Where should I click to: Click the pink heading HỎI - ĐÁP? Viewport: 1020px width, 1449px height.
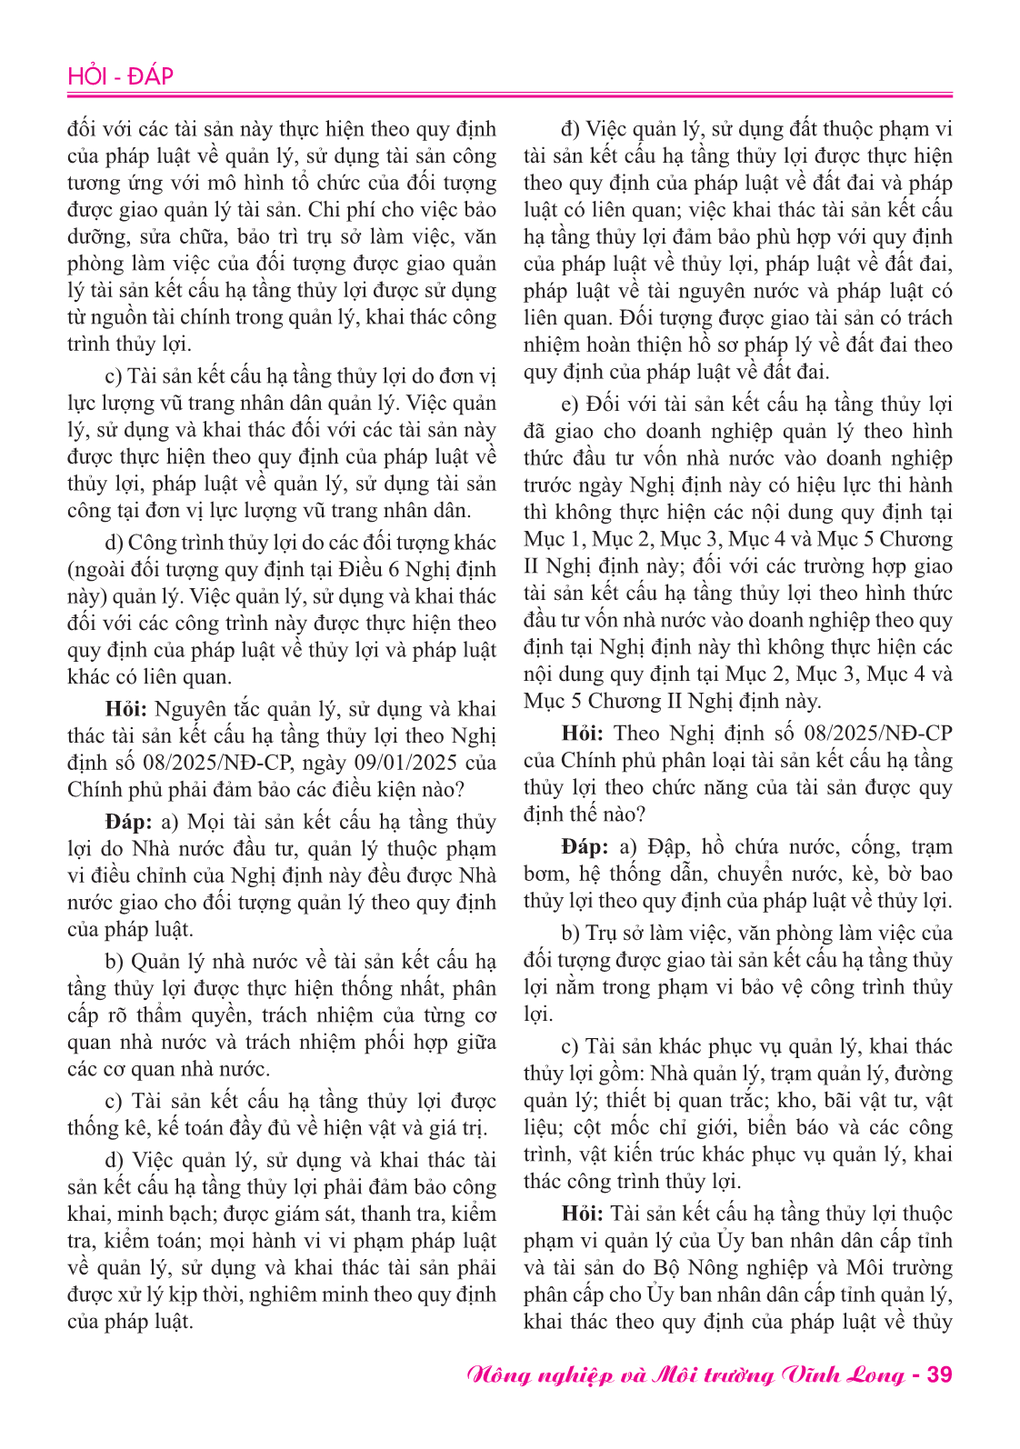click(120, 76)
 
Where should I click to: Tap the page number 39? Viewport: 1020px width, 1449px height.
click(939, 1374)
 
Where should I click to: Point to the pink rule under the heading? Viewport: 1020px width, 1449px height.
click(510, 95)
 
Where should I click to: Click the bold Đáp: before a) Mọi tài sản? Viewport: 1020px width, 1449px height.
click(128, 822)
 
